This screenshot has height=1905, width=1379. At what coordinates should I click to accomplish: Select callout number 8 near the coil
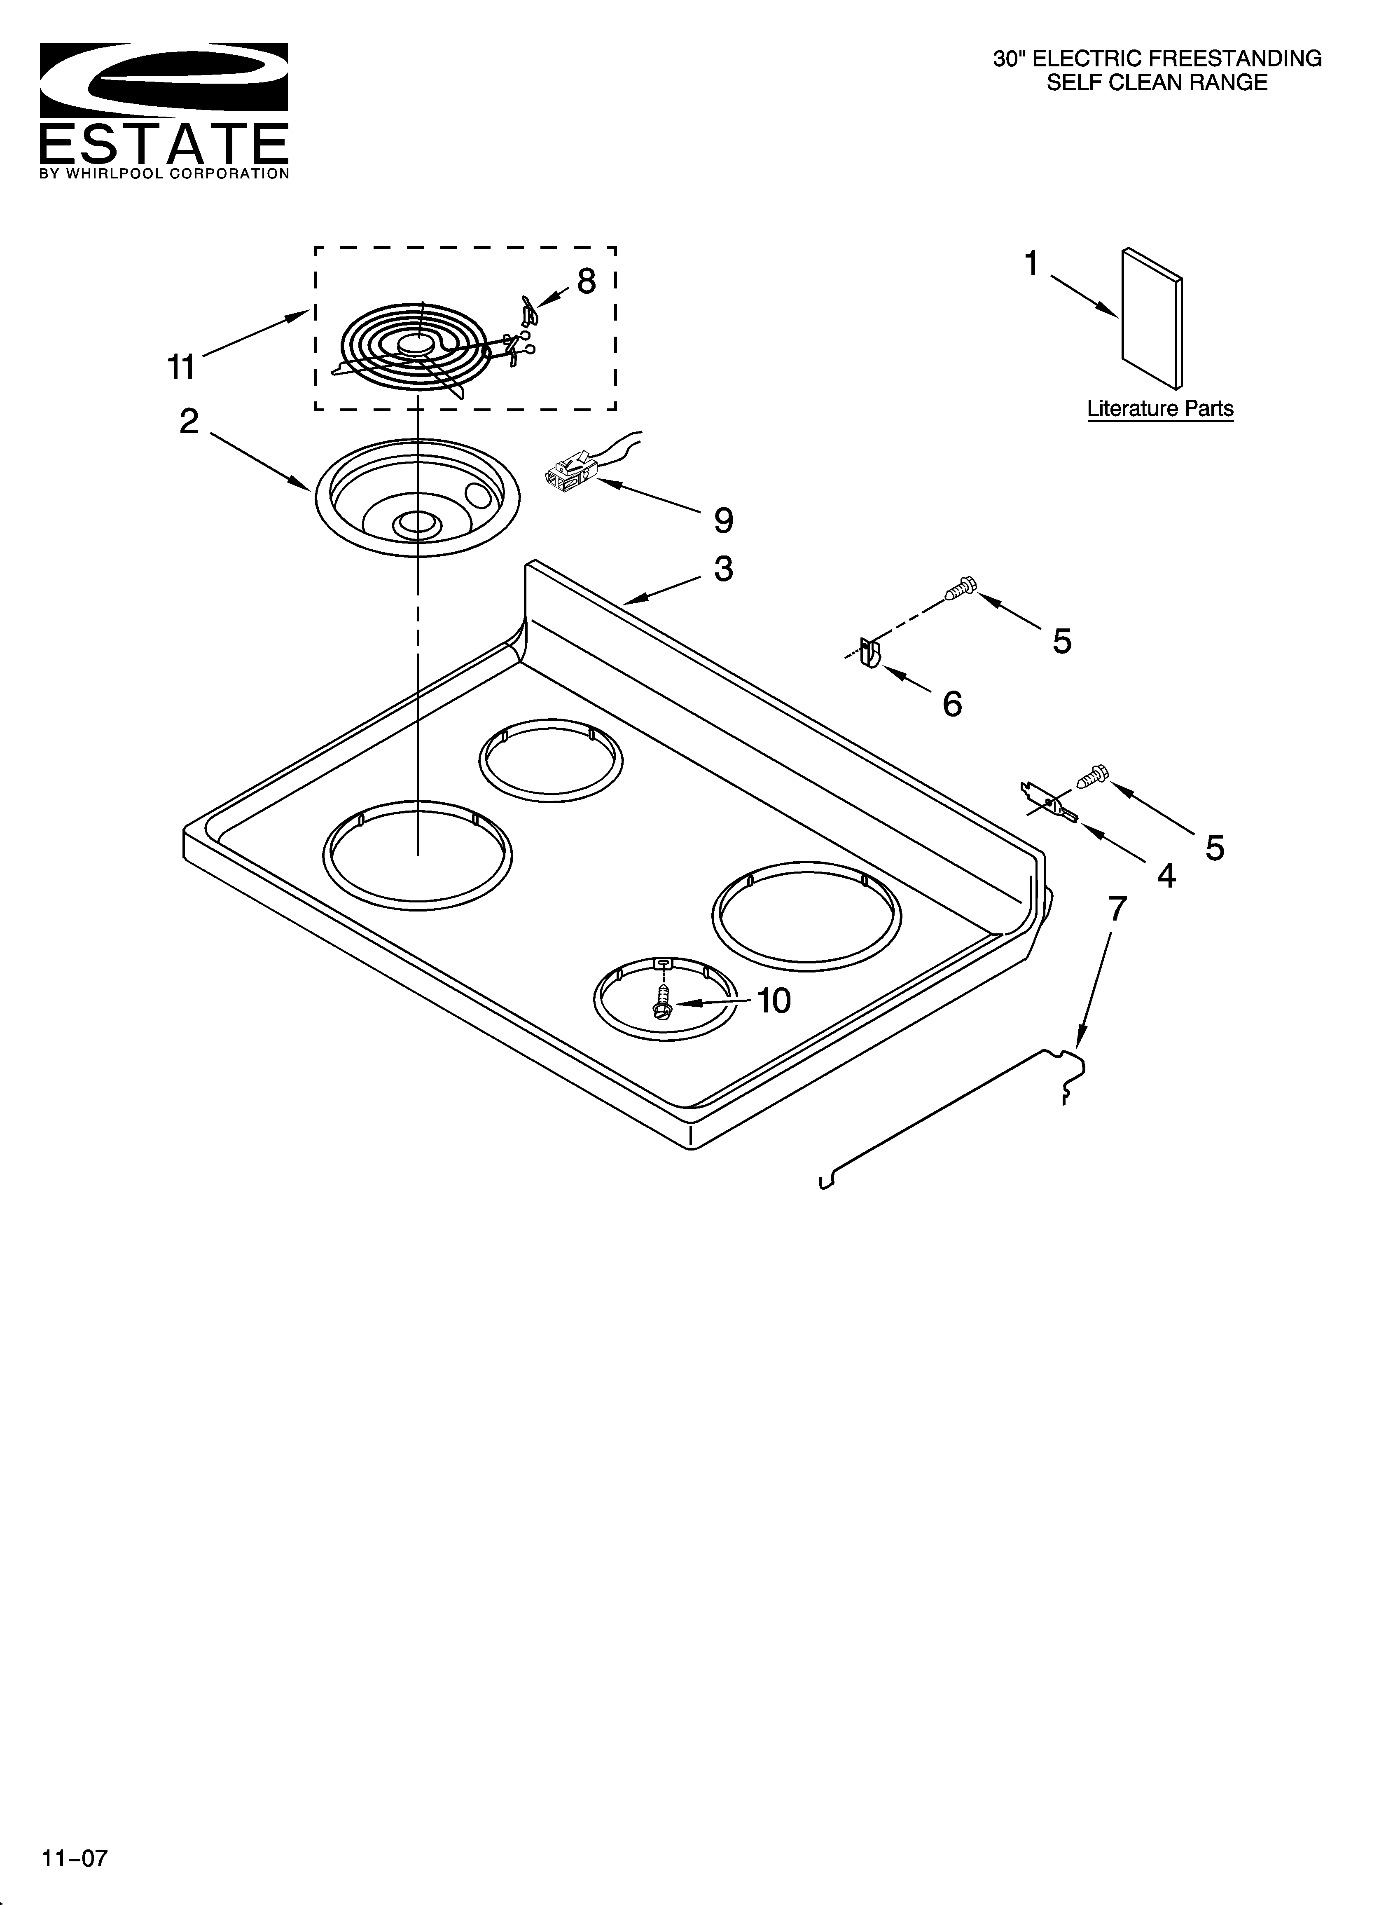coord(586,281)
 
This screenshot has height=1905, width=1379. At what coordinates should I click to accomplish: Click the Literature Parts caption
coord(1160,409)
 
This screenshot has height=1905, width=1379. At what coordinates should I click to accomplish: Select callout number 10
coord(774,1001)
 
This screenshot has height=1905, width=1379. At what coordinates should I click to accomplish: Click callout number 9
coord(723,521)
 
